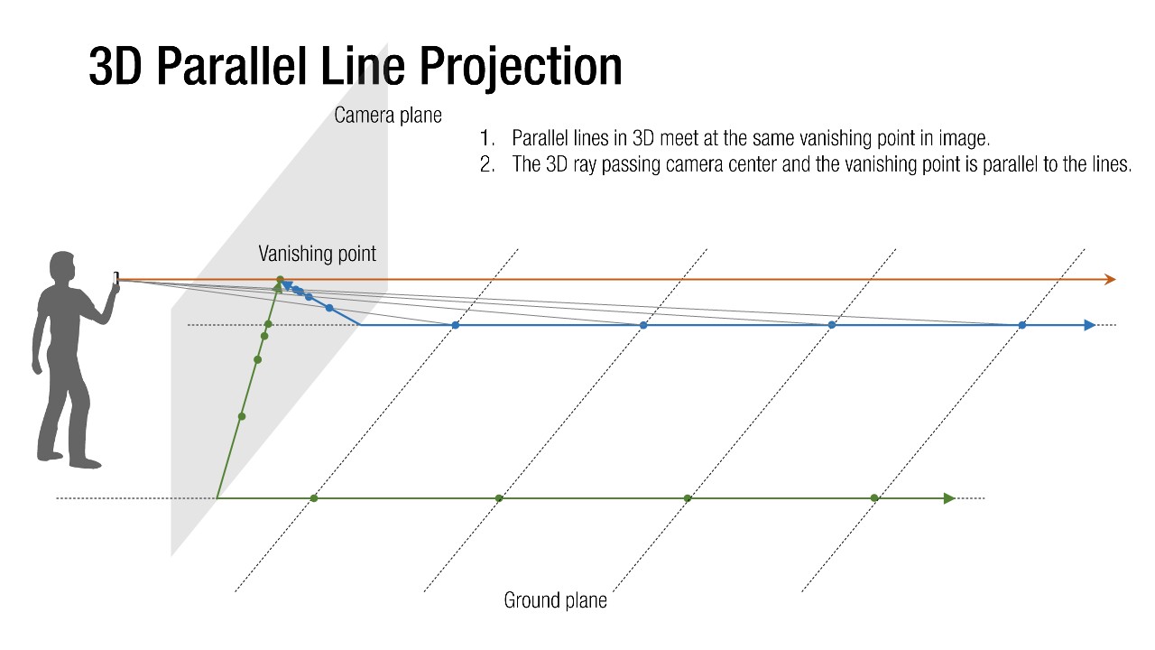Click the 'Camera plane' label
[x=387, y=116]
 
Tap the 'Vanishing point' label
[x=317, y=254]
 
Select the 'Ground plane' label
[x=555, y=600]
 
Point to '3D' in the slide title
[x=116, y=67]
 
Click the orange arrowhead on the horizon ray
[x=1110, y=280]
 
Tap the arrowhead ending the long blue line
[x=1090, y=325]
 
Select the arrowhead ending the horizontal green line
[x=948, y=498]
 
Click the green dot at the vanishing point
[x=280, y=280]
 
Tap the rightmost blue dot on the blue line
[x=1021, y=325]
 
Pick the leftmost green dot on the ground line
[x=314, y=498]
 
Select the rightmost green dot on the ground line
[x=873, y=498]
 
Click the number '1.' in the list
[x=488, y=139]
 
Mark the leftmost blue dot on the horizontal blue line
[x=455, y=325]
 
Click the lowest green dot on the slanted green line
[x=241, y=416]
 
